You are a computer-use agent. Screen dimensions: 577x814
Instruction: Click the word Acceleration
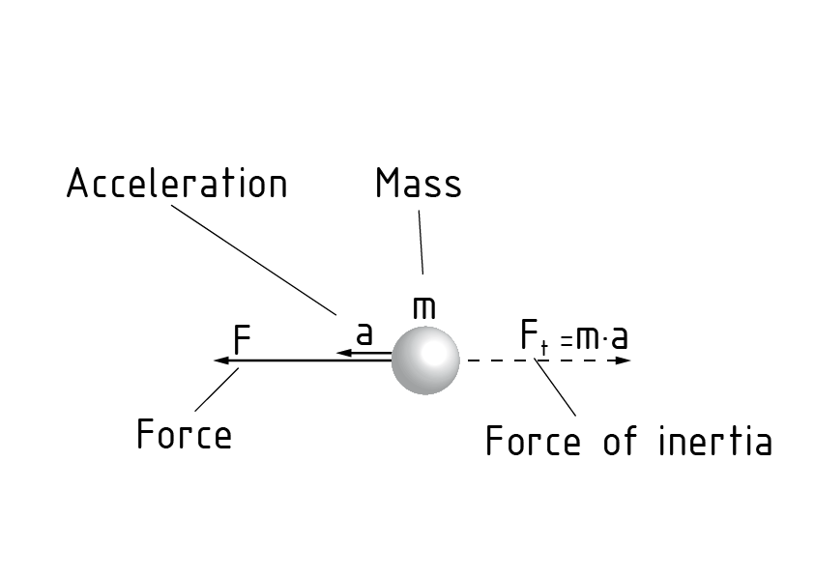[x=177, y=184]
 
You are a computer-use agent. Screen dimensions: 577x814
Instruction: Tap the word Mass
[x=418, y=184]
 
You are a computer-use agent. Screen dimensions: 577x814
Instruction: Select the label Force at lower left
[x=184, y=435]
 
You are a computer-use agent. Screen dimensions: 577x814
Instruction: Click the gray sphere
[x=425, y=360]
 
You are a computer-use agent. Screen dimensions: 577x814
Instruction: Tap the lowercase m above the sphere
[x=423, y=307]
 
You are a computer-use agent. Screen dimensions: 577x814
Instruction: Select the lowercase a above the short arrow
[x=363, y=333]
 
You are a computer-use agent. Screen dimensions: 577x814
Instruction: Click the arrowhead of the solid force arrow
[x=220, y=361]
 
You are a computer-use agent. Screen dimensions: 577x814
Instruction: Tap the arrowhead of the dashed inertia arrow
[x=625, y=361]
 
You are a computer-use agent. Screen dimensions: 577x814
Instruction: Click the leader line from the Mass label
[x=421, y=242]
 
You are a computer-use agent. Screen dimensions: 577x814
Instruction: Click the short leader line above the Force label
[x=218, y=389]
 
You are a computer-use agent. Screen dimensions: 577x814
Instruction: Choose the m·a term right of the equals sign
[x=601, y=339]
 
